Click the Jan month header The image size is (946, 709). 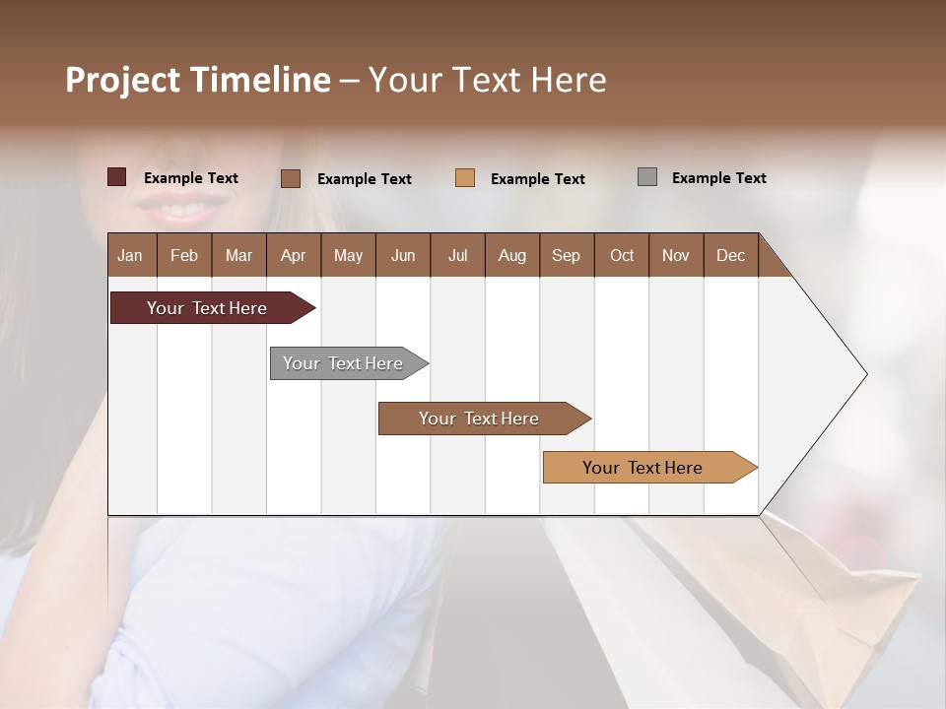tap(130, 255)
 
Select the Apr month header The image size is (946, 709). tap(293, 255)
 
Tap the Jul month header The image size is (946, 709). tap(457, 255)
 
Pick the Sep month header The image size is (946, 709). tap(566, 255)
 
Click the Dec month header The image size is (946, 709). tap(730, 255)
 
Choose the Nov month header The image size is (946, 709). tap(675, 255)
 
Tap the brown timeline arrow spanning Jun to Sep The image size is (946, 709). tap(480, 419)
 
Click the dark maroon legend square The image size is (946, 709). tap(117, 177)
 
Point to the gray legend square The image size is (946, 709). tap(647, 177)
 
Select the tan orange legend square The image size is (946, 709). tap(465, 178)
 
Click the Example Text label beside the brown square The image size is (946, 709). tap(364, 179)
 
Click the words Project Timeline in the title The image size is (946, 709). tap(197, 80)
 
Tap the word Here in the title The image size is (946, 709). tap(569, 80)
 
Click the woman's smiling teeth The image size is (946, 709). tap(183, 210)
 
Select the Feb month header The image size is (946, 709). tap(183, 255)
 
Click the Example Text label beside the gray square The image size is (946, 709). tap(718, 178)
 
